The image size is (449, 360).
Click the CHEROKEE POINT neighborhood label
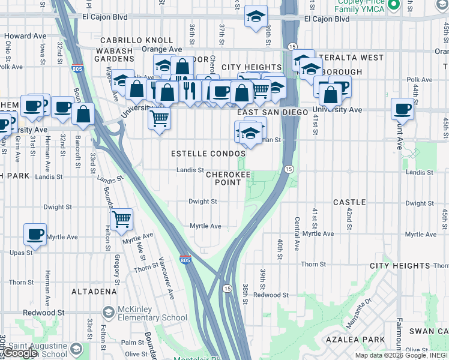[x=224, y=178]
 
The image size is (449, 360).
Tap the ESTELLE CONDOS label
[x=208, y=154]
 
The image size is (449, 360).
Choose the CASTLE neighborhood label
[x=349, y=202]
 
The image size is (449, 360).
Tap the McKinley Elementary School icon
[x=108, y=313]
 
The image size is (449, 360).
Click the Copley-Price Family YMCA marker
[x=394, y=6]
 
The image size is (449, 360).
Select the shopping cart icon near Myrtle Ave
[x=122, y=219]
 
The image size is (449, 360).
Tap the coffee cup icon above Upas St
[x=35, y=233]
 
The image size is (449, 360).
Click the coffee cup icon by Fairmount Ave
[x=402, y=109]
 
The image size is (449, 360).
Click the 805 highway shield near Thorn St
[x=185, y=260]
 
